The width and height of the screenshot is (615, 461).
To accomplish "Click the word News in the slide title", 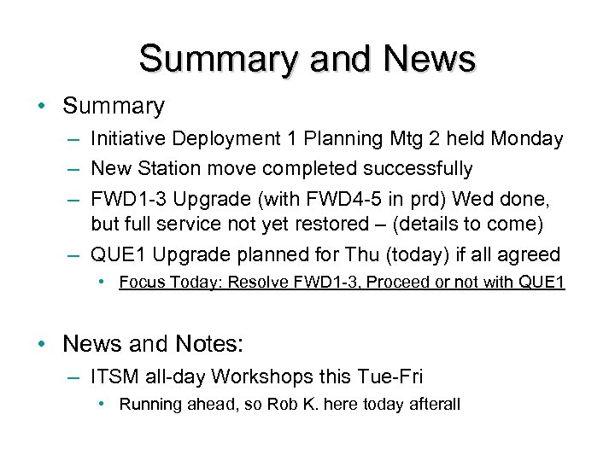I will [430, 59].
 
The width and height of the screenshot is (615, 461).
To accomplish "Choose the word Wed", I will [472, 198].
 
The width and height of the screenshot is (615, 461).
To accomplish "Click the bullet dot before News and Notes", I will [42, 343].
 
